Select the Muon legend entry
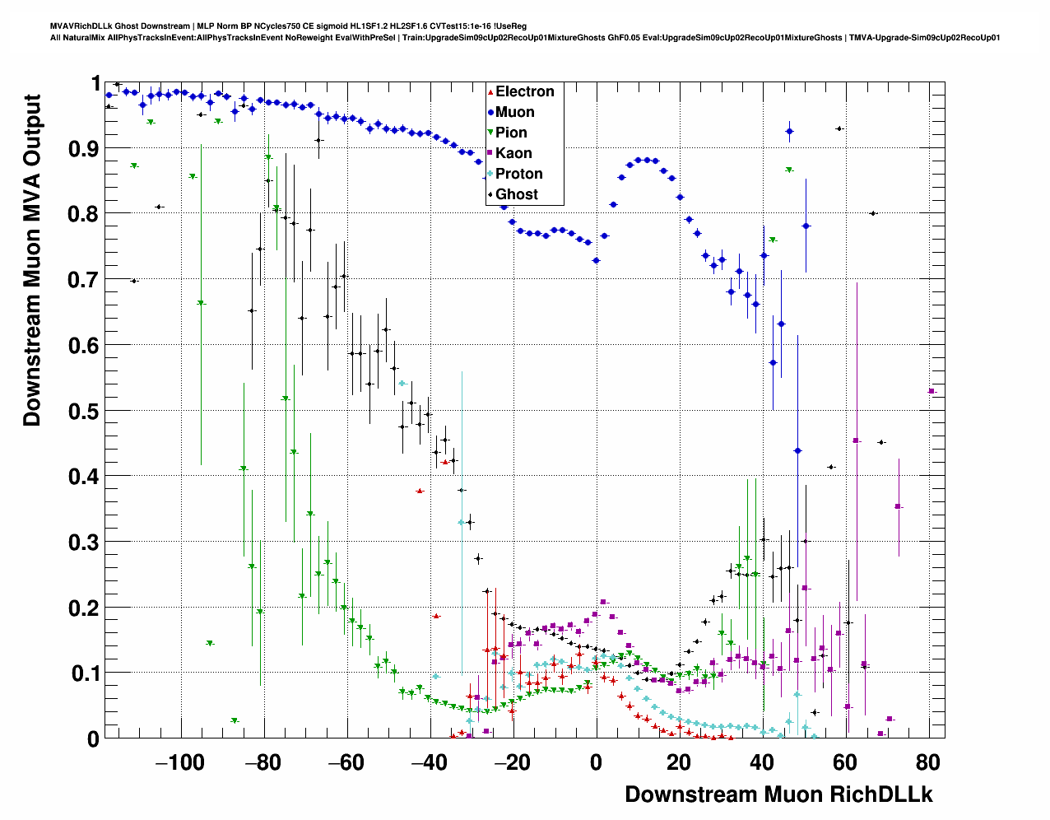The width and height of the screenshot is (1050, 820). [514, 112]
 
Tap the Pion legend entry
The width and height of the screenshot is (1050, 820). [511, 133]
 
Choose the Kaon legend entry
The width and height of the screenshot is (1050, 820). [513, 153]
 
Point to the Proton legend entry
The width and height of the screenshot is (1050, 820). [518, 174]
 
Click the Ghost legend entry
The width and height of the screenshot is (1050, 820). [516, 194]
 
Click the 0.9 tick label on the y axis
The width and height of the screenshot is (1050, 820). [84, 149]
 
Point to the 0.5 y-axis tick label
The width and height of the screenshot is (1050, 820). [84, 411]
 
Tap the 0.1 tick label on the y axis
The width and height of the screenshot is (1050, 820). [84, 673]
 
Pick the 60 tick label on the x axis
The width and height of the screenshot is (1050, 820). [845, 762]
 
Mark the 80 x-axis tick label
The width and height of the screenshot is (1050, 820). [928, 762]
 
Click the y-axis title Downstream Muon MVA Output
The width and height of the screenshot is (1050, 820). [32, 259]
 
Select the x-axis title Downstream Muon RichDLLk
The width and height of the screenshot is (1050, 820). [778, 794]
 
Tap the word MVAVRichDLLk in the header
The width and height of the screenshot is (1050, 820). [78, 26]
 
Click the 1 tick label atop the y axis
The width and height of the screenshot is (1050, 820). [96, 84]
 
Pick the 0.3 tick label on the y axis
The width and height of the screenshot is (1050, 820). [84, 543]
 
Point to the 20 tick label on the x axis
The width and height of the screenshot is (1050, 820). [680, 762]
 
